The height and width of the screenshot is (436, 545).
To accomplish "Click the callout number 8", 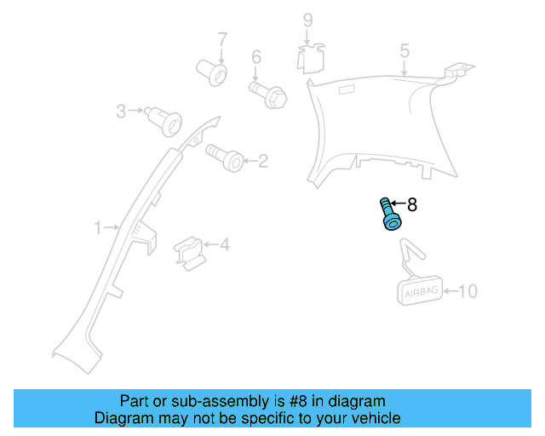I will point(413,204).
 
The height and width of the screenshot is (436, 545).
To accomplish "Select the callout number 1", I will point(99,227).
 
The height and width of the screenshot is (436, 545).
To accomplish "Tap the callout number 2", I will point(262,160).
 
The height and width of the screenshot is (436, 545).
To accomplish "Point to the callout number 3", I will point(121,111).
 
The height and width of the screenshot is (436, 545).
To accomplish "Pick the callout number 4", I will point(225,245).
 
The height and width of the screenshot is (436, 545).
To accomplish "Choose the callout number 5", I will point(404,51).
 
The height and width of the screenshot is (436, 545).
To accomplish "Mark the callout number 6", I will point(255,58).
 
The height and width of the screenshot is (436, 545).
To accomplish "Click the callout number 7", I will point(222,39).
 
